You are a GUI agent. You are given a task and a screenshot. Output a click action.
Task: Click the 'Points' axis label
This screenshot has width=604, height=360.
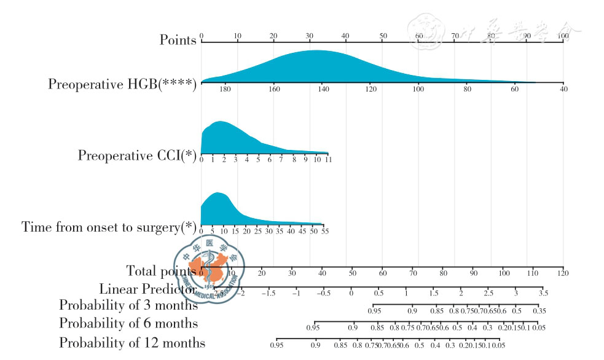click(178, 40)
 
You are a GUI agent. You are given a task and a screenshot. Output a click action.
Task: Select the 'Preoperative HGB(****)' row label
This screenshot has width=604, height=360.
click(122, 84)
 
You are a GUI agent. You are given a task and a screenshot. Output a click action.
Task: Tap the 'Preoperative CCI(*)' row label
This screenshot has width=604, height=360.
click(136, 155)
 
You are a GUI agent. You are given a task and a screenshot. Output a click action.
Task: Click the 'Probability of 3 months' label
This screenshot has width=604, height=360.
click(128, 304)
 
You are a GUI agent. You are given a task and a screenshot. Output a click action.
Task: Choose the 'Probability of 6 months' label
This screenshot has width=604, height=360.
click(128, 323)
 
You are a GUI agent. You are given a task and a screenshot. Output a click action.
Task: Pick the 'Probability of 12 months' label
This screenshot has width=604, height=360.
click(132, 342)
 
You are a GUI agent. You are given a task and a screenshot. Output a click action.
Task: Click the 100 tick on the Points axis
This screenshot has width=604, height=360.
click(563, 36)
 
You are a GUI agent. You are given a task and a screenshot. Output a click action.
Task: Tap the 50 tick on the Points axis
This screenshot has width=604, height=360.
click(383, 36)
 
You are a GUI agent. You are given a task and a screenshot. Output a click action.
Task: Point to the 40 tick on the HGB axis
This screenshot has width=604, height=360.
click(563, 89)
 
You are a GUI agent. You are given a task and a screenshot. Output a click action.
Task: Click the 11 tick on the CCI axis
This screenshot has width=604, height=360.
click(328, 160)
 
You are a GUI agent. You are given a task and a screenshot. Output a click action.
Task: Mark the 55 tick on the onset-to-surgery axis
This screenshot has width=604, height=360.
click(325, 232)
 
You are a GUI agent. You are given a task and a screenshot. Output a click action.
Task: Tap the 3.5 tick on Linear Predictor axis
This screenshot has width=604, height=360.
click(543, 293)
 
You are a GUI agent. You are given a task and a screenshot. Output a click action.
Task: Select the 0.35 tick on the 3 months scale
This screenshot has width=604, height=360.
click(539, 311)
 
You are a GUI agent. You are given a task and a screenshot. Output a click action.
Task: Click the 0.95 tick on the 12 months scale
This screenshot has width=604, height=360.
click(277, 345)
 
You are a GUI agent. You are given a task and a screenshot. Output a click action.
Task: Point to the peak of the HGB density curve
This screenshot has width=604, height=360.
click(315, 51)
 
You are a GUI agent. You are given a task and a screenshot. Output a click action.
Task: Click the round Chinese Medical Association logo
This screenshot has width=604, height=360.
click(212, 269)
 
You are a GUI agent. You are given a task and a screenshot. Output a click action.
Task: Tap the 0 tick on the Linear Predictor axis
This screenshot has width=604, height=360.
click(351, 293)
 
